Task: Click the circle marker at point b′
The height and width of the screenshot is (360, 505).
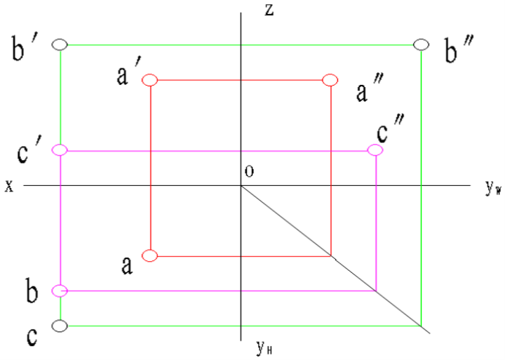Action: coord(60,44)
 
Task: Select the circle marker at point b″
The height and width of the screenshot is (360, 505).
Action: coord(421,44)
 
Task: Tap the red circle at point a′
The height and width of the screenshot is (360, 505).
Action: coord(149,80)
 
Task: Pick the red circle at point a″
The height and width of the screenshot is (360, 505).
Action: coord(330,80)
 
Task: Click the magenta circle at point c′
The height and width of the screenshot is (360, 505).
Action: coord(60,149)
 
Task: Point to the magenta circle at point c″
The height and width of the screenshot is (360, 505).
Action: coord(376,150)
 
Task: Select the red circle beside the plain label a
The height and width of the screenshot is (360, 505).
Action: coord(149,255)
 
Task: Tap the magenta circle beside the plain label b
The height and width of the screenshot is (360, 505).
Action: coord(60,290)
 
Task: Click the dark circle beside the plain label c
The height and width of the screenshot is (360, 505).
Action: coord(60,326)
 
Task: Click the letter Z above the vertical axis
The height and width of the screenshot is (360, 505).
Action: coord(269,10)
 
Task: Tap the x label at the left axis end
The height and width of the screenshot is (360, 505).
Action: coord(9,186)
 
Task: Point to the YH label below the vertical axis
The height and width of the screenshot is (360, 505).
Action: coord(264,346)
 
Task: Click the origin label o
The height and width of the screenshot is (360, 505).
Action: coord(249,172)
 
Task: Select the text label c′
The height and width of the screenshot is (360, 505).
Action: coord(30,152)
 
